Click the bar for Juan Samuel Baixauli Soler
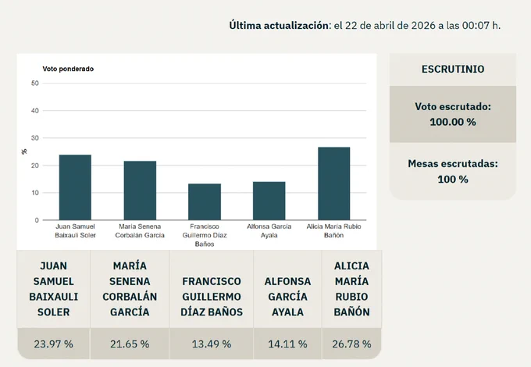tap(75, 187)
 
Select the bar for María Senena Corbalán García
tap(140, 191)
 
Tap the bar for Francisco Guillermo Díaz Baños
tap(205, 201)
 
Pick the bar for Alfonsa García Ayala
tap(269, 201)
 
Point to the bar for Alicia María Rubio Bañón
tap(334, 183)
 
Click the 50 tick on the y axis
tap(35, 84)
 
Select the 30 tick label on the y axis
tap(35, 138)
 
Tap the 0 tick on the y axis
tap(37, 220)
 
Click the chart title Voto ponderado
tap(68, 69)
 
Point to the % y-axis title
tap(24, 151)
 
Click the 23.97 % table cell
tap(54, 344)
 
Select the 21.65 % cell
tap(130, 344)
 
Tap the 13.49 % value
tap(212, 344)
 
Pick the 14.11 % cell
tap(287, 344)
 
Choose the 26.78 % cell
tap(351, 344)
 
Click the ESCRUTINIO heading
tap(453, 69)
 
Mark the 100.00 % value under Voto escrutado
tap(453, 122)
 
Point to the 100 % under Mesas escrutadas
tap(453, 179)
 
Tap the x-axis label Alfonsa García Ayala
tap(269, 231)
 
